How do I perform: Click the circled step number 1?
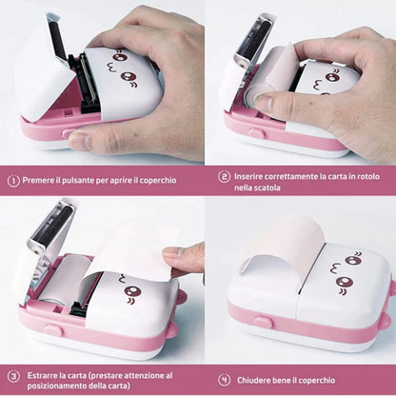pos(13,179)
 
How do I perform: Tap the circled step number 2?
pos(224,176)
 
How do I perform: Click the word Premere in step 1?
pos(42,179)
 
